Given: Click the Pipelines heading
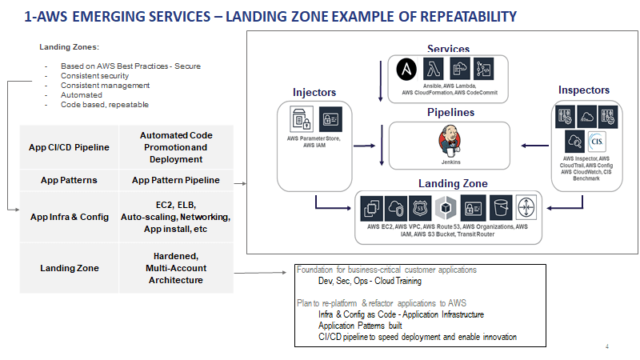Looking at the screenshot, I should click(x=450, y=113).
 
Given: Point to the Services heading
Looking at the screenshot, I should click(x=448, y=50).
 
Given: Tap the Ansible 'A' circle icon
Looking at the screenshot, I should click(x=404, y=70).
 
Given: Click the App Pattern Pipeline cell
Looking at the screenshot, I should click(x=175, y=180).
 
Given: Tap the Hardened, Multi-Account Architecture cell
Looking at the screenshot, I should click(x=175, y=268).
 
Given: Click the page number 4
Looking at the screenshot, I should click(x=607, y=346).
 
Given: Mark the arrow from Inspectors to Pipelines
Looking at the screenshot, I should click(x=534, y=146).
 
